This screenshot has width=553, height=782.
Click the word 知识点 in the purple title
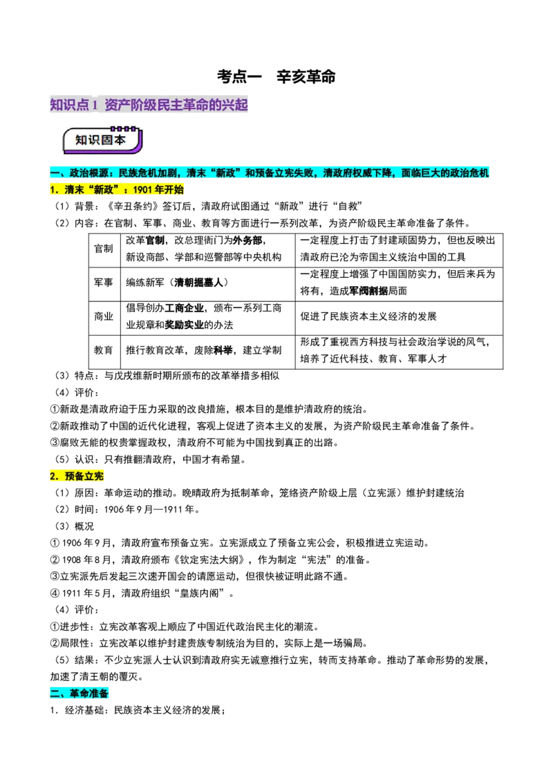(x=69, y=105)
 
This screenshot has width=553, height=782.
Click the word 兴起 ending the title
(x=236, y=105)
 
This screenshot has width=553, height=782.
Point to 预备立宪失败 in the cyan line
(x=284, y=173)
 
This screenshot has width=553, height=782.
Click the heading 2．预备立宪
(x=77, y=476)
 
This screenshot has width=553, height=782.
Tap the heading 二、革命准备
(x=80, y=694)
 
